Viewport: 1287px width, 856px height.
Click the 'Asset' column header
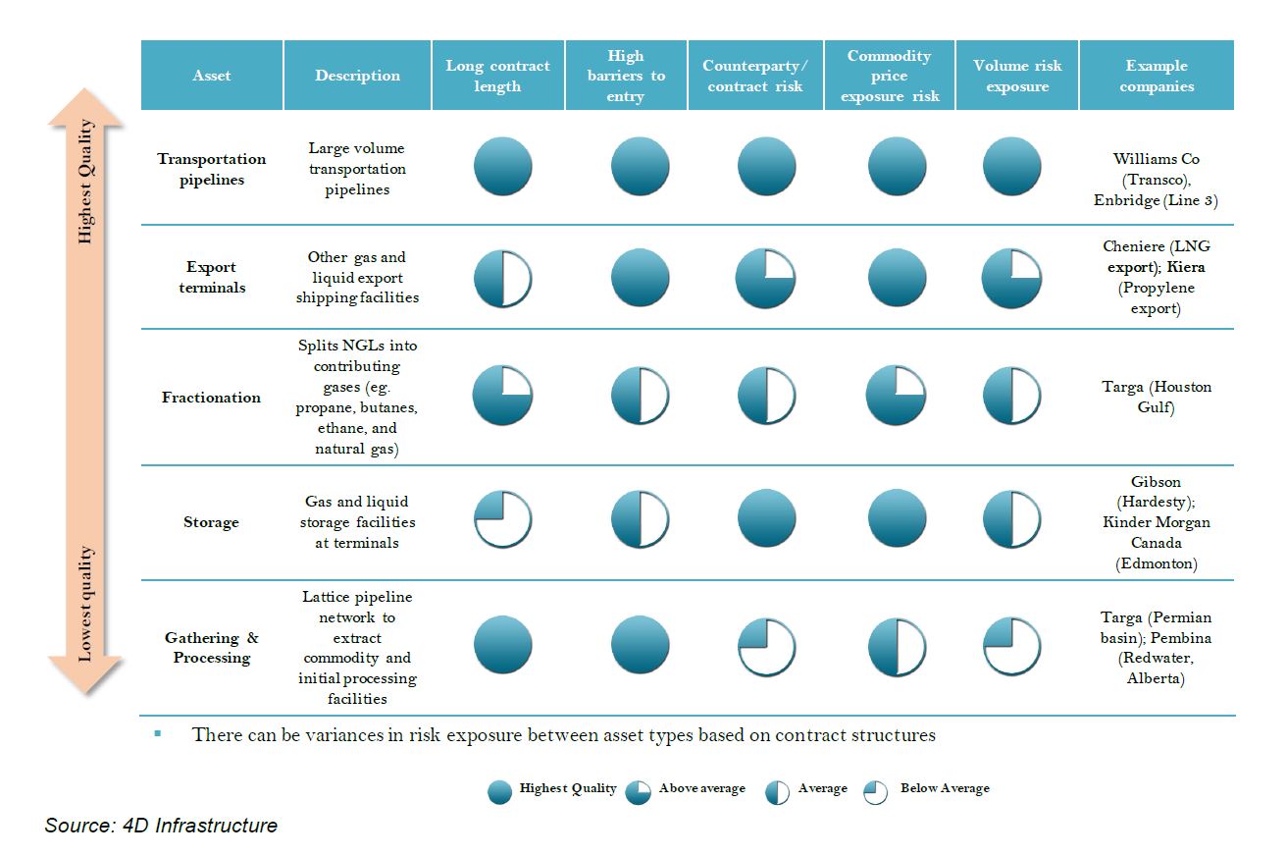[212, 76]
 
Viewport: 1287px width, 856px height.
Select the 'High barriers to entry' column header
[625, 76]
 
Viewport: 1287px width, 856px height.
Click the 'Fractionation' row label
[211, 398]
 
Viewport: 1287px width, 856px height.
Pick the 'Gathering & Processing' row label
[211, 648]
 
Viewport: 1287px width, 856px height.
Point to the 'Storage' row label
[211, 522]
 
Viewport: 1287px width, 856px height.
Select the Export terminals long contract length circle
[502, 278]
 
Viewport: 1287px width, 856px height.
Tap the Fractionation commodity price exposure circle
[895, 395]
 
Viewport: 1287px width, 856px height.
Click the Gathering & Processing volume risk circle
[1011, 647]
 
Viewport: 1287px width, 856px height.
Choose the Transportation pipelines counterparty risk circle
[766, 166]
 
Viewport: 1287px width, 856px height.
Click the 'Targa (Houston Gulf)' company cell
[1157, 397]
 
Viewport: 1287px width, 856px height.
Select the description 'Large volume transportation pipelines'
[357, 169]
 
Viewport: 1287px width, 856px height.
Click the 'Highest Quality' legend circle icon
[500, 792]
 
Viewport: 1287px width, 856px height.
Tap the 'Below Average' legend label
[945, 788]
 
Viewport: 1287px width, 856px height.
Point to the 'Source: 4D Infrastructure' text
[161, 826]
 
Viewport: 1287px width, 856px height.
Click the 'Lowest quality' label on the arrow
[86, 604]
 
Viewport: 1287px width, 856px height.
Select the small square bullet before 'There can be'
[157, 733]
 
